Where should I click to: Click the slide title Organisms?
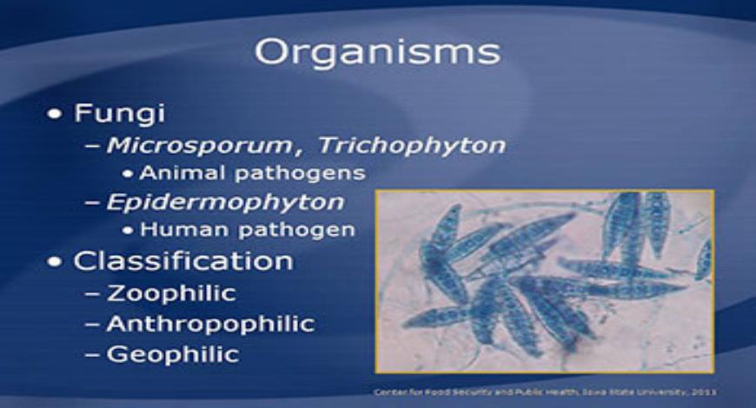[377, 51]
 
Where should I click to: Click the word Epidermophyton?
[224, 202]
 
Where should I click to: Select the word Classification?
[182, 260]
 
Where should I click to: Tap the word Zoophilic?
[170, 293]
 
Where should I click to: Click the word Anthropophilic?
[210, 324]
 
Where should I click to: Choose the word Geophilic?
[172, 354]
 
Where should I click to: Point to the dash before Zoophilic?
[93, 293]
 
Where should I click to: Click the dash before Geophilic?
[93, 355]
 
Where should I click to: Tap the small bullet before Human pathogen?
[129, 231]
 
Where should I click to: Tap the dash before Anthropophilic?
[93, 325]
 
